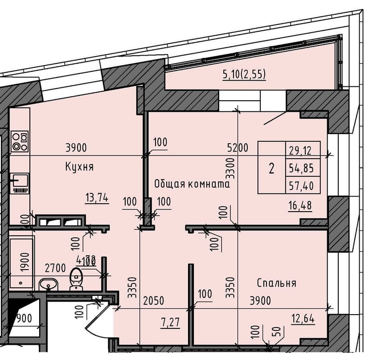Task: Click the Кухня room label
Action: coord(79,167)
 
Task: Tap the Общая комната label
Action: coord(192,184)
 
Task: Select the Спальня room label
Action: coord(276,283)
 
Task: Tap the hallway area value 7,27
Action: coord(171,322)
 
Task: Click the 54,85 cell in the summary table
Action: coord(302,168)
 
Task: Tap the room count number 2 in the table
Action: coord(271,168)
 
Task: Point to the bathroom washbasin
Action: coord(48,283)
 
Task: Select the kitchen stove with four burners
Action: coord(20,141)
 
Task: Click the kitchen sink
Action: coord(20,180)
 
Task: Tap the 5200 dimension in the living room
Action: coord(237,147)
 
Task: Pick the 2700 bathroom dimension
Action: coord(55,268)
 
